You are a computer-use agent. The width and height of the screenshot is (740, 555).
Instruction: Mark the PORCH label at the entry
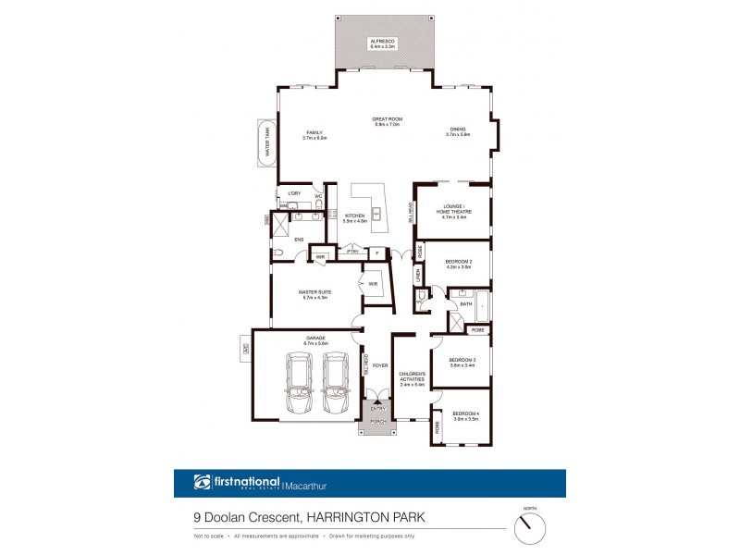point(376,422)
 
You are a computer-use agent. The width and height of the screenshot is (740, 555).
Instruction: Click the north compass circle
point(529,529)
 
